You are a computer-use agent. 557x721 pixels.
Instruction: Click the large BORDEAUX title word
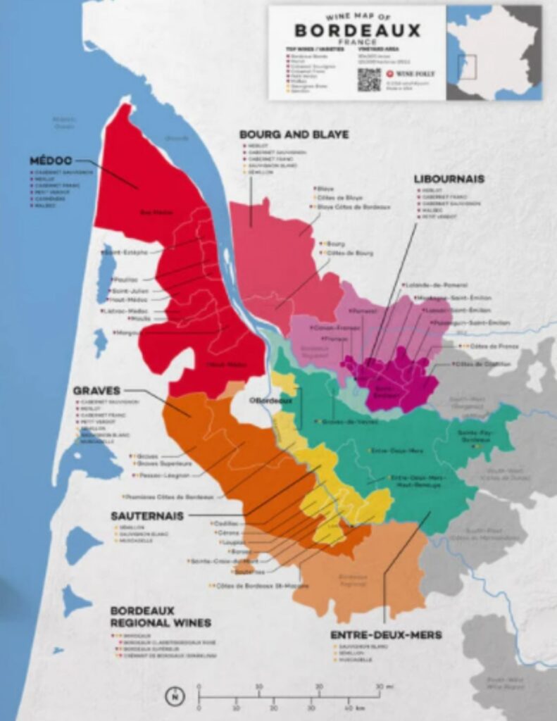point(357,30)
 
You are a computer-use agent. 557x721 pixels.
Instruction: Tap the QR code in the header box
point(368,80)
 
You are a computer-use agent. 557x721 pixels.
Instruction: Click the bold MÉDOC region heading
point(51,161)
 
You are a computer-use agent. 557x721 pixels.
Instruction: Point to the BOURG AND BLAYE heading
point(294,134)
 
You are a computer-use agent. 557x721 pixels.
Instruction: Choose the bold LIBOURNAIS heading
point(449,179)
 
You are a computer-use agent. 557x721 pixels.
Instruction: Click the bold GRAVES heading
point(96,390)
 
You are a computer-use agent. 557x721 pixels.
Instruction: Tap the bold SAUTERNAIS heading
point(146,515)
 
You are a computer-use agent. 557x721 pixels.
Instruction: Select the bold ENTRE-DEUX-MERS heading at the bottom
point(386,635)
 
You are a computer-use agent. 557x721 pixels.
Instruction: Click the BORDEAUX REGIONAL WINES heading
point(160,617)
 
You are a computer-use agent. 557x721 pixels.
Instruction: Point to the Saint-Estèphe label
point(127,252)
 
